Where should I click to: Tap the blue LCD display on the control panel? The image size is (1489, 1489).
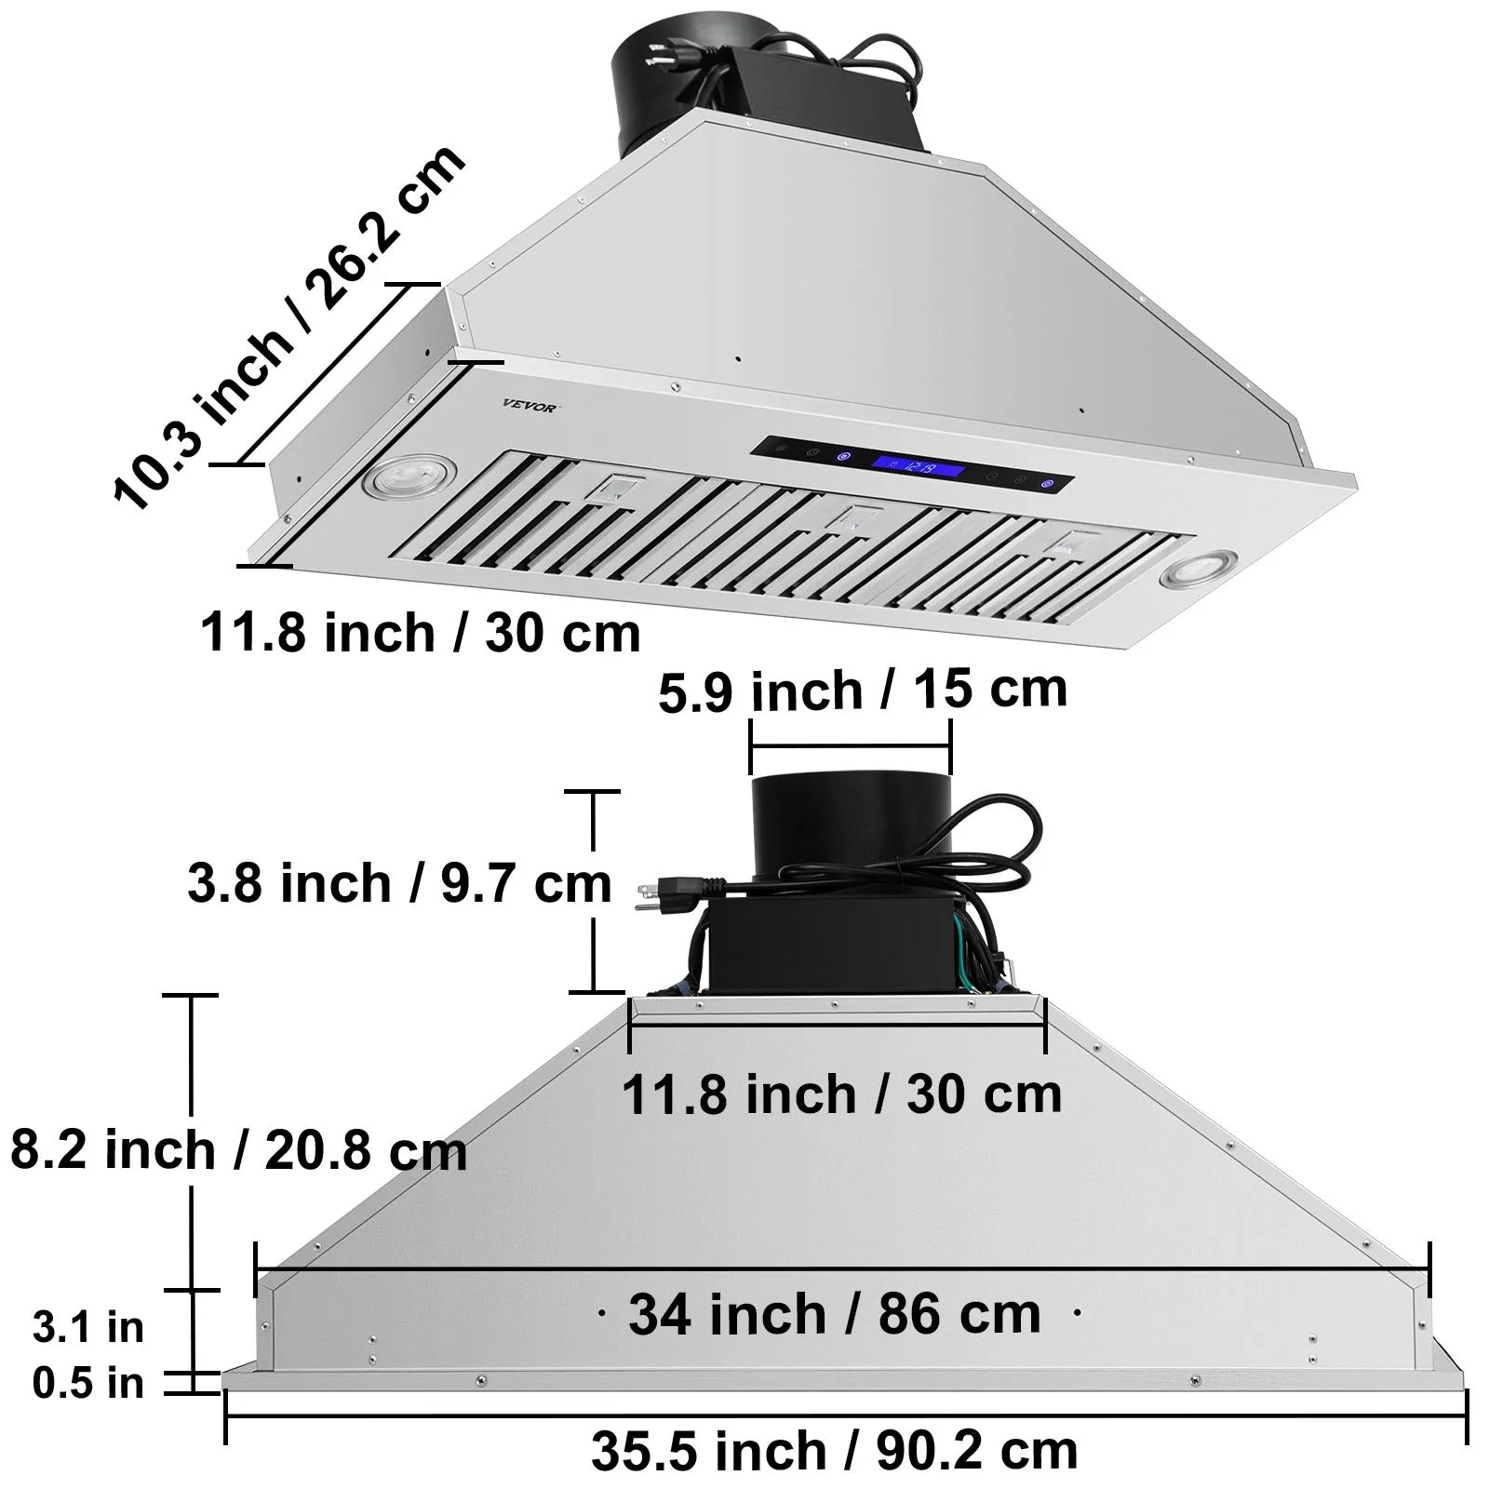917,466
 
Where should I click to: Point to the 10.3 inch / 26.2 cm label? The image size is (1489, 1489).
288,328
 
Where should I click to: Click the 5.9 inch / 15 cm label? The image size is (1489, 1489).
863,691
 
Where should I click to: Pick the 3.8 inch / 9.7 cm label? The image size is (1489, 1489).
399,883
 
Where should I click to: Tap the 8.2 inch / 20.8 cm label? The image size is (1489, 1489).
238,1150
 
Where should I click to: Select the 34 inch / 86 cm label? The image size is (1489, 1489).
835,1314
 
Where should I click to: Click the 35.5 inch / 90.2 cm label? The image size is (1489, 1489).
835,1450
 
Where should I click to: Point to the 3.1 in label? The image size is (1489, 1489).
88,1326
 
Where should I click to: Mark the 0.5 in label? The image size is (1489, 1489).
88,1383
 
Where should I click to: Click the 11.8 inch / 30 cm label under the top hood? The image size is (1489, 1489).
421,633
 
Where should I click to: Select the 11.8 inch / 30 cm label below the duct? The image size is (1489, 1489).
841,1093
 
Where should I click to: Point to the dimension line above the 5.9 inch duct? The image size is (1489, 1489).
850,746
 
